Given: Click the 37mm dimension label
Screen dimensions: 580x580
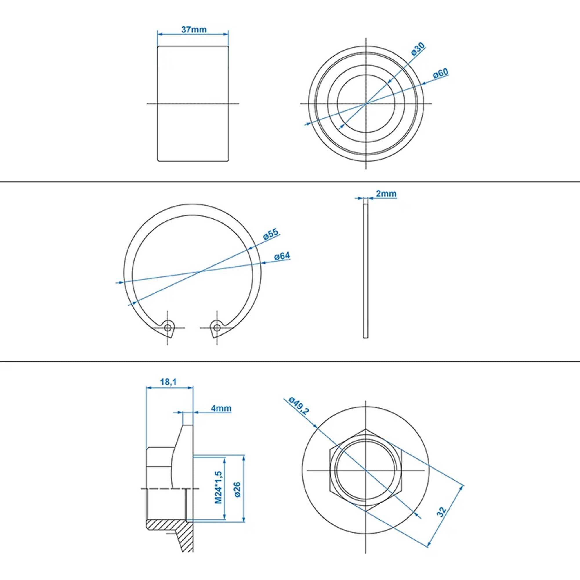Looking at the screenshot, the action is click(x=194, y=30).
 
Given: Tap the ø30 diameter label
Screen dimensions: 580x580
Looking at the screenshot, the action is click(x=418, y=49).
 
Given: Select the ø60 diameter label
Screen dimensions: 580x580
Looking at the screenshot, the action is click(x=441, y=74).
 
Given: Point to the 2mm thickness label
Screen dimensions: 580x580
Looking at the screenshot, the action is click(x=386, y=194).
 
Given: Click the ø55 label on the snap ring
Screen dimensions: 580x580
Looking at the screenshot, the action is click(x=271, y=234).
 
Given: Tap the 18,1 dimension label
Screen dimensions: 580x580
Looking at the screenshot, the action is click(x=168, y=382).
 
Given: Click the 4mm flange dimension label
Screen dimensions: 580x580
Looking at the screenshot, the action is click(x=221, y=408).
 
